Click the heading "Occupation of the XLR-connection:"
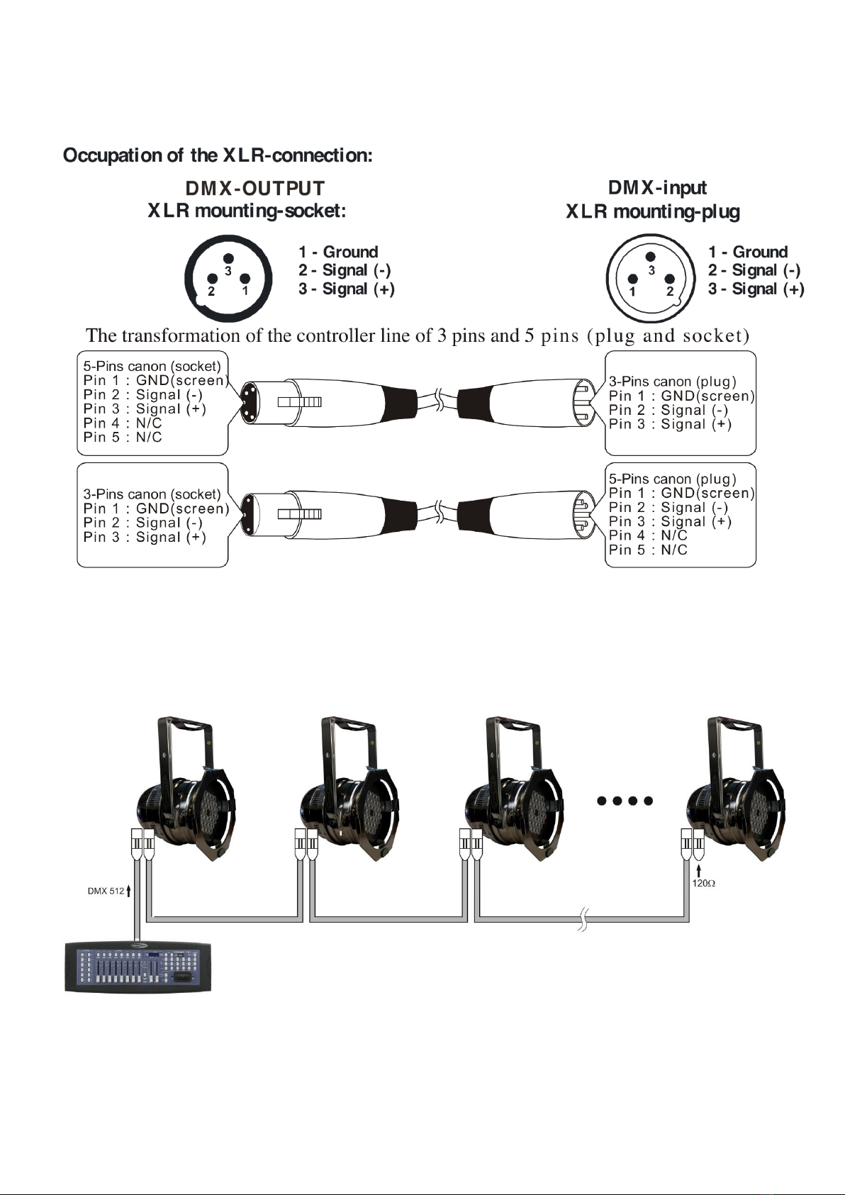(218, 155)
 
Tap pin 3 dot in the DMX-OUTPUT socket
(228, 260)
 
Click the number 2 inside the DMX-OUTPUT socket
(211, 291)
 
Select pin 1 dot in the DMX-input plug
(633, 279)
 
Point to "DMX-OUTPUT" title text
(254, 189)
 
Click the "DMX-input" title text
(657, 188)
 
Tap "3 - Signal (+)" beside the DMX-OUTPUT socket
(347, 289)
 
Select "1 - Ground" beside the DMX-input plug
(747, 252)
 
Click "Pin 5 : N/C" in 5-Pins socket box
(123, 437)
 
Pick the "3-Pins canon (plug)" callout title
(672, 382)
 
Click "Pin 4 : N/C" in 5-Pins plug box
(648, 535)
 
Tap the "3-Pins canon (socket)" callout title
(152, 494)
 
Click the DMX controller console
(138, 967)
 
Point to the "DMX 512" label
(106, 891)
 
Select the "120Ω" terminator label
(704, 884)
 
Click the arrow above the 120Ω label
(699, 869)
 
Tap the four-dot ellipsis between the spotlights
(625, 801)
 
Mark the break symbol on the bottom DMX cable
(583, 918)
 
